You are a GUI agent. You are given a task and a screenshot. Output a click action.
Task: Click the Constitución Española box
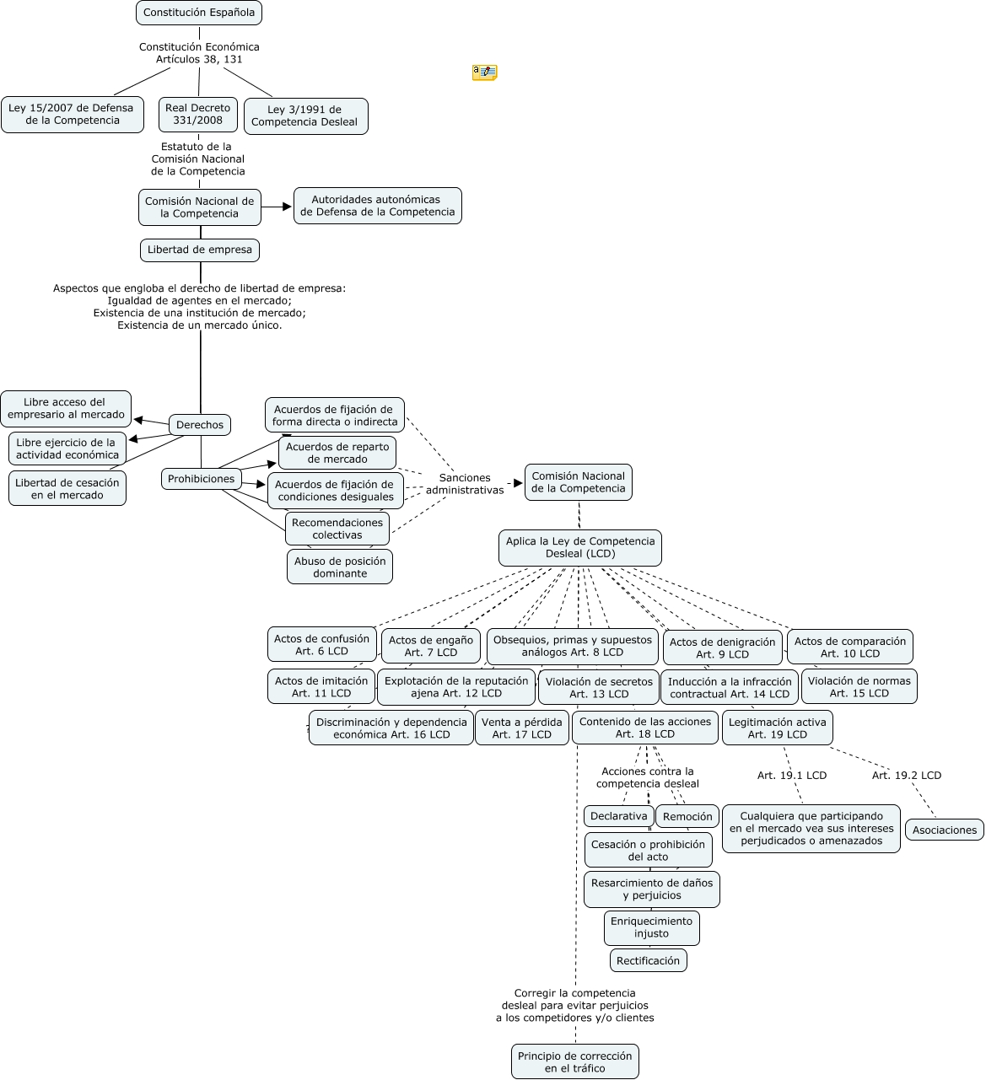199,13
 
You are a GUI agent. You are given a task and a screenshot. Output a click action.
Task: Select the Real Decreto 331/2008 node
197,114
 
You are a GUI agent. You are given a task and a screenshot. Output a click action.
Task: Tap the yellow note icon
484,73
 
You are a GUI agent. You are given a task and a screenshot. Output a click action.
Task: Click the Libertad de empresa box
200,250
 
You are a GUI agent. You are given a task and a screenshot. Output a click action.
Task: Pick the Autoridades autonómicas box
377,206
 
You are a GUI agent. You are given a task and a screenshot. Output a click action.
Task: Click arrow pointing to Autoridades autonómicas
277,207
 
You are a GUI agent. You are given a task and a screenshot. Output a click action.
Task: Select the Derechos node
200,425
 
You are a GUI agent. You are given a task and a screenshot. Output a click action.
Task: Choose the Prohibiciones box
201,479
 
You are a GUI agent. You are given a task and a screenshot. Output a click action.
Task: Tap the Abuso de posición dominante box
339,567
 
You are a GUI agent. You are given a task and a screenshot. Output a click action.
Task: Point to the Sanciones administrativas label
465,484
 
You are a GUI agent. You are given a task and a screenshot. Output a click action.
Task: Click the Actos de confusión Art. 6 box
321,644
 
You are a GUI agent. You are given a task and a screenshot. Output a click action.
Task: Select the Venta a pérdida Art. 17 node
521,728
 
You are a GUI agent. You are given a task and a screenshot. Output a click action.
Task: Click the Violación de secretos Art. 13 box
599,687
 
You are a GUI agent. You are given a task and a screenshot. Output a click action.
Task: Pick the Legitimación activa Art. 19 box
777,728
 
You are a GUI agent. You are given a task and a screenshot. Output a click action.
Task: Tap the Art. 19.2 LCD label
906,776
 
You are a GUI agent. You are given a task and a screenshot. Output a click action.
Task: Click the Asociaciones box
944,830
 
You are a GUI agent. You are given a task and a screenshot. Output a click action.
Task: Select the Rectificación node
648,960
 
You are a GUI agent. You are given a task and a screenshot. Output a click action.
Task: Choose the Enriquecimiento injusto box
651,927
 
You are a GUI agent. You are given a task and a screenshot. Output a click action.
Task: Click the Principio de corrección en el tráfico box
575,1061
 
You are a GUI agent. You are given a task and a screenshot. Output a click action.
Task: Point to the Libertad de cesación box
67,488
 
